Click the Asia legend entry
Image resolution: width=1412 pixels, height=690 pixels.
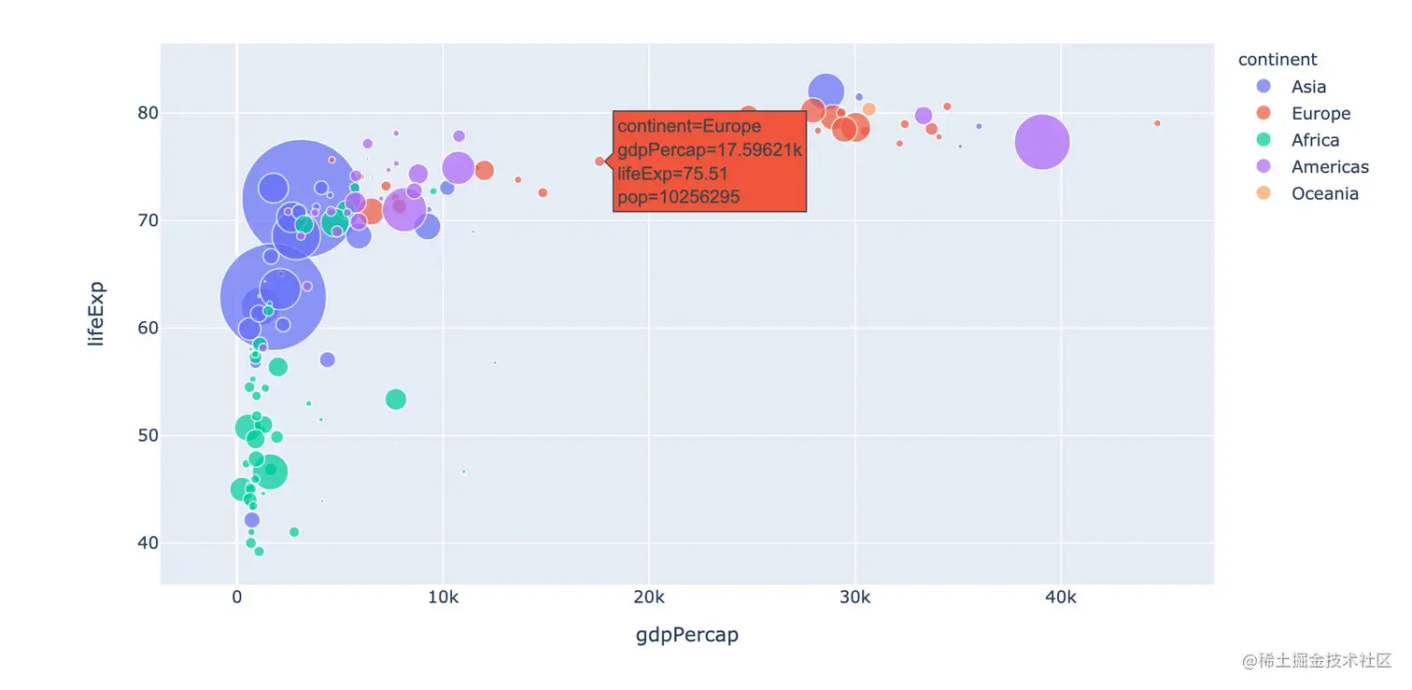coord(1308,87)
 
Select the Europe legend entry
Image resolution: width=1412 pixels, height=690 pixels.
coord(1320,114)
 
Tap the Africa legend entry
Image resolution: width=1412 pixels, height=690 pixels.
coord(1315,140)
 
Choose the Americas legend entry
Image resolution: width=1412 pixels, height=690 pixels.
coord(1330,167)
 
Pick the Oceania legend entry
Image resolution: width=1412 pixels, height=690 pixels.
coord(1324,194)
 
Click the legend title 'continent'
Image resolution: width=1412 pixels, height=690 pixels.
coord(1277,60)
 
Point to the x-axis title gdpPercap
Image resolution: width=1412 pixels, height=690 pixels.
coord(686,635)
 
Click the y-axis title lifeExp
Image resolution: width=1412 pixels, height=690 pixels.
coord(96,314)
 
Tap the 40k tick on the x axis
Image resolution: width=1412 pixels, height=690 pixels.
coord(1059,598)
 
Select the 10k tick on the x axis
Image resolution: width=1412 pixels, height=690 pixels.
coord(442,598)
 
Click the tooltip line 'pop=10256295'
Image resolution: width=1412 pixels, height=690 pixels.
coord(679,198)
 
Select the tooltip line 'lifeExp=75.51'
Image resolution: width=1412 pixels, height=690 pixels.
coord(672,174)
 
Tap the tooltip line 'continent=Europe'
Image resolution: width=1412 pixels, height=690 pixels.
coord(689,126)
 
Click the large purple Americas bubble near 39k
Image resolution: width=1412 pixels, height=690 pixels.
coord(1041,142)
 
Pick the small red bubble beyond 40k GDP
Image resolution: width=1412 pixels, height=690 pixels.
coord(1156,123)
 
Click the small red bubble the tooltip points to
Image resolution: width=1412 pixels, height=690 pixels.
coord(600,162)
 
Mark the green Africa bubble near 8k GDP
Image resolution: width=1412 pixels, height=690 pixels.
coord(396,399)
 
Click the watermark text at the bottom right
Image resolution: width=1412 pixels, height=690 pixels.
coord(1317,661)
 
